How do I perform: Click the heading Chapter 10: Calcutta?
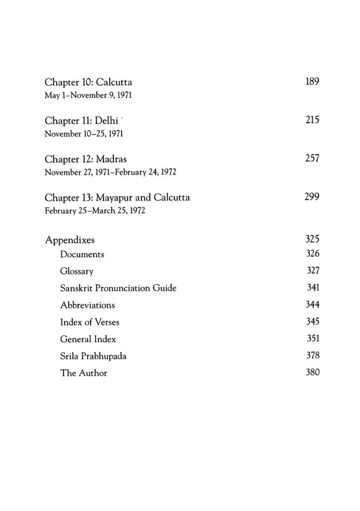coord(88,83)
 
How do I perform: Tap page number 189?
coord(312,82)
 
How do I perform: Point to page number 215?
coord(312,120)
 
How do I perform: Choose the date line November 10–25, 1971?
coord(84,134)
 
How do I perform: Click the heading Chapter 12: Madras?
coord(85,159)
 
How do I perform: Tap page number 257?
coord(312,158)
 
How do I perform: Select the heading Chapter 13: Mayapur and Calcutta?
coord(117,197)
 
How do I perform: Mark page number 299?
coord(312,196)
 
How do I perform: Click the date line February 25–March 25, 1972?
coord(95,211)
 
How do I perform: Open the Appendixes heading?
coord(69,240)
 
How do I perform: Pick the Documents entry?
coord(82,254)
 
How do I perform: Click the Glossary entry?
coord(77,271)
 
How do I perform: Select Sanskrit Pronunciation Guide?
coord(118,288)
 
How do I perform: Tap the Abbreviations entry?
coord(87,305)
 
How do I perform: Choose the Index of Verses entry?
coord(90,322)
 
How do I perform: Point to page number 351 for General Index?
coord(313,339)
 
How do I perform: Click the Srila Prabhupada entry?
coord(93,356)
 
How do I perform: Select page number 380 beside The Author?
coord(312,372)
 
